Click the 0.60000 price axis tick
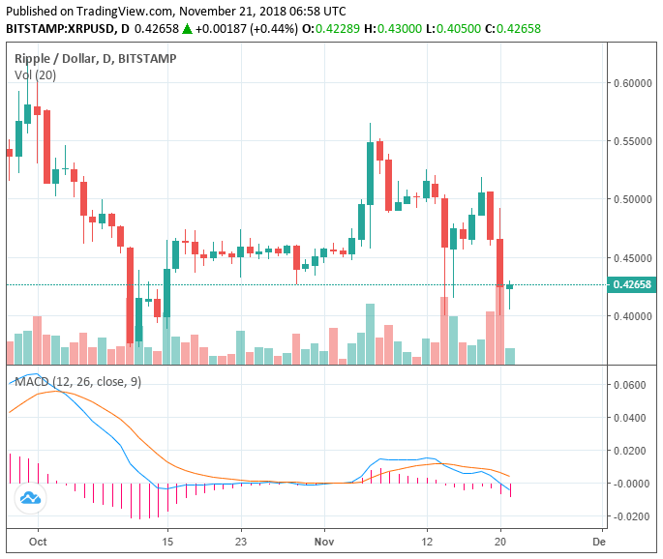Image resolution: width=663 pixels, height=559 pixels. click(x=630, y=83)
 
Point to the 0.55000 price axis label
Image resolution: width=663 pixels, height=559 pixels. click(x=630, y=141)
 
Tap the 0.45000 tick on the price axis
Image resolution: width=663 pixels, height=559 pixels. click(x=630, y=258)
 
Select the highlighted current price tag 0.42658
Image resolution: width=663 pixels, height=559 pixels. click(x=631, y=284)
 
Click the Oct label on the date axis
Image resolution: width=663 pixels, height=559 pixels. click(x=38, y=543)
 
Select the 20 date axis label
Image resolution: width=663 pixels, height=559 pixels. click(x=500, y=543)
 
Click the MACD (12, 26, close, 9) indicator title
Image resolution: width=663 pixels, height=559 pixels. click(x=77, y=381)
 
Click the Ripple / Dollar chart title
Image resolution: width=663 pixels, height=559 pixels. click(x=57, y=59)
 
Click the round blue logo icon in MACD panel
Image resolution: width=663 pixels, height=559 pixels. click(x=30, y=498)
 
